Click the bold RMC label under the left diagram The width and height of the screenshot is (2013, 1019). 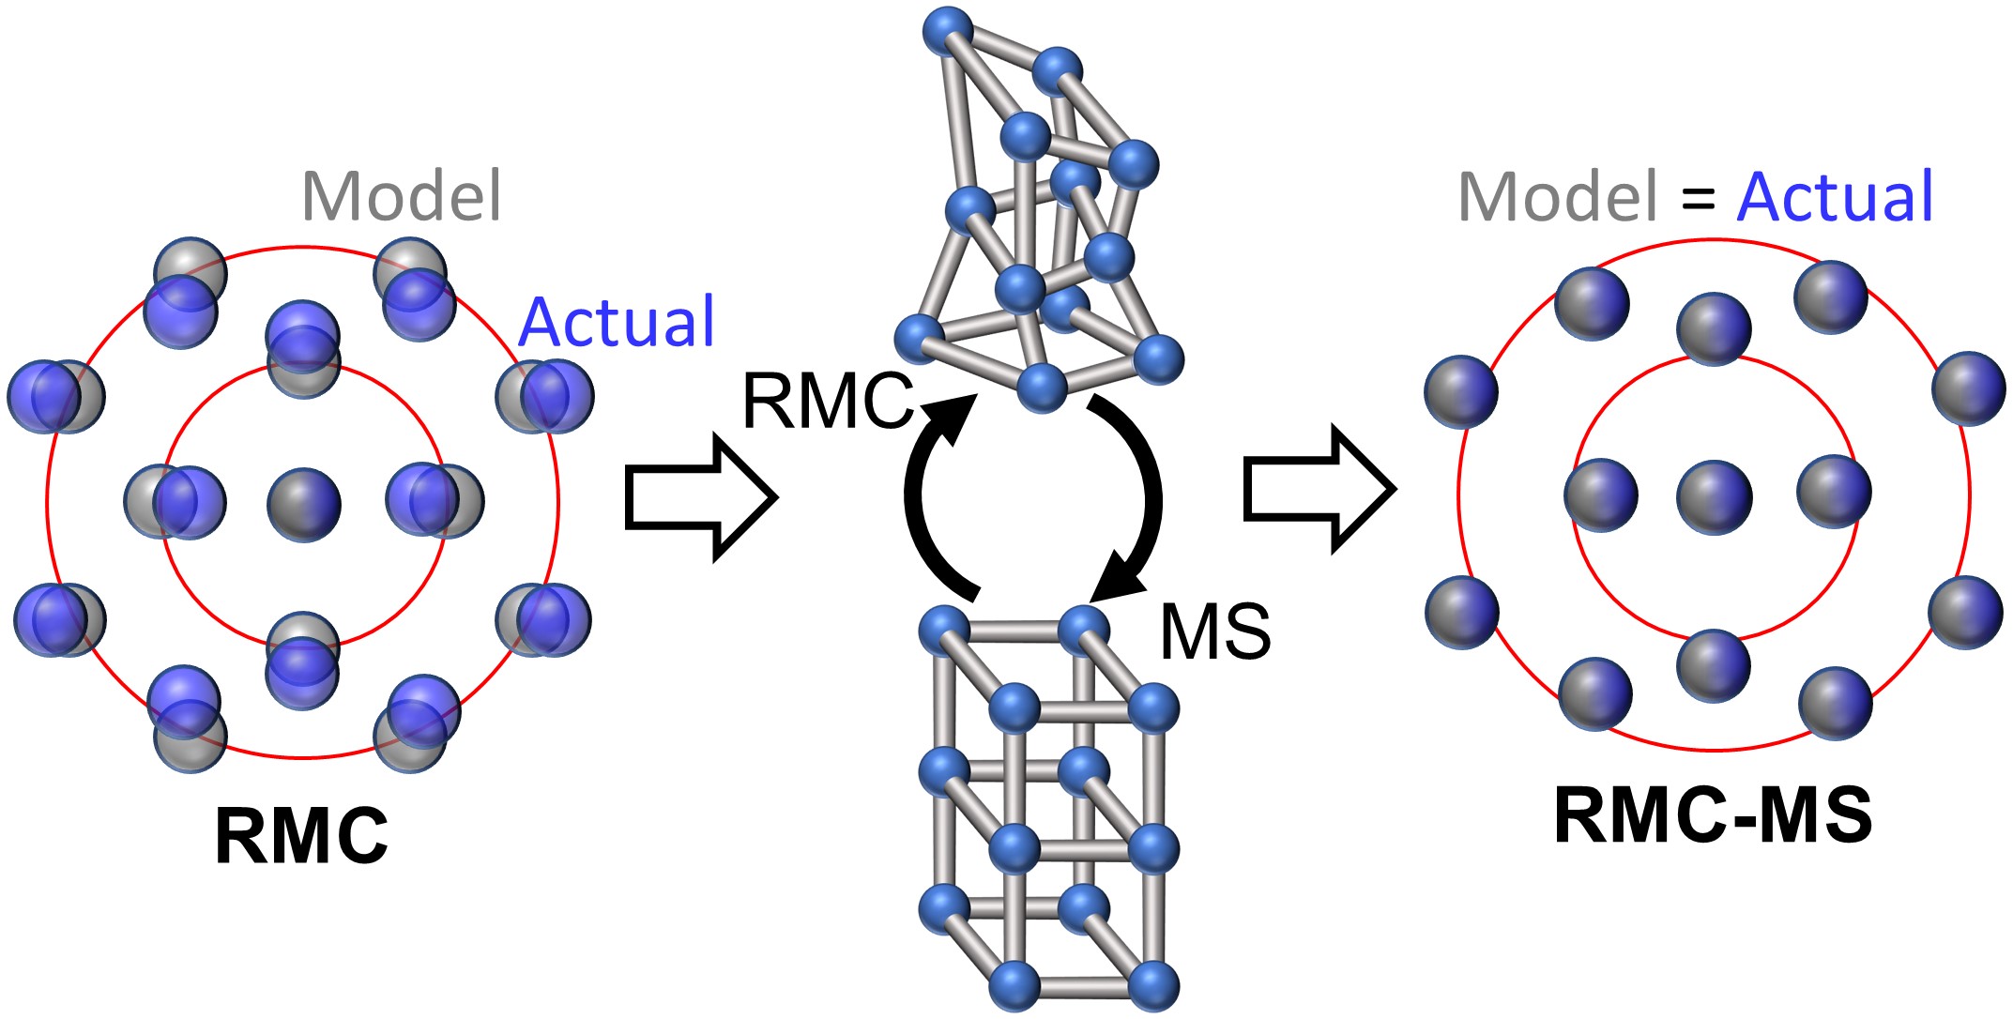tap(301, 835)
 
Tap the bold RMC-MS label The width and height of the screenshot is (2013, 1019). tap(1713, 816)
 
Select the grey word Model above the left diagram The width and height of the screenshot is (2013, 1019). tap(402, 197)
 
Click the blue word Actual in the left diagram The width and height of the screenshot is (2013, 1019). tap(617, 322)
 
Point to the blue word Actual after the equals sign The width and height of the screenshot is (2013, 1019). tap(1835, 197)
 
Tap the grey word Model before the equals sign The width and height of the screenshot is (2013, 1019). tap(1559, 197)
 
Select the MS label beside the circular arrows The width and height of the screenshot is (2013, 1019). tap(1215, 631)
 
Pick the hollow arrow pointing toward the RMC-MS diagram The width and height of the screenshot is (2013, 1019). tap(1319, 489)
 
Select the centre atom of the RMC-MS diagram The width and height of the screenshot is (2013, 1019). tap(1714, 497)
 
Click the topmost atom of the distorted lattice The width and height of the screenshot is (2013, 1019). tap(948, 32)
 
